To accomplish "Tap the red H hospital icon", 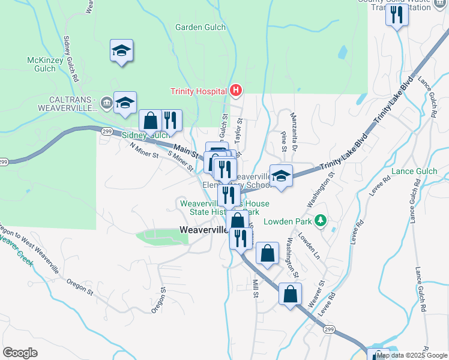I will tap(236, 91).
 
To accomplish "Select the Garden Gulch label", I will tap(200, 27).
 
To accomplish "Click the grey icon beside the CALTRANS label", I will tap(107, 102).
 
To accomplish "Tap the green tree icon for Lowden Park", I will tap(321, 220).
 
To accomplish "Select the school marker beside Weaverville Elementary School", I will tap(281, 176).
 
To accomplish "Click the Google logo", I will tap(20, 352).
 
